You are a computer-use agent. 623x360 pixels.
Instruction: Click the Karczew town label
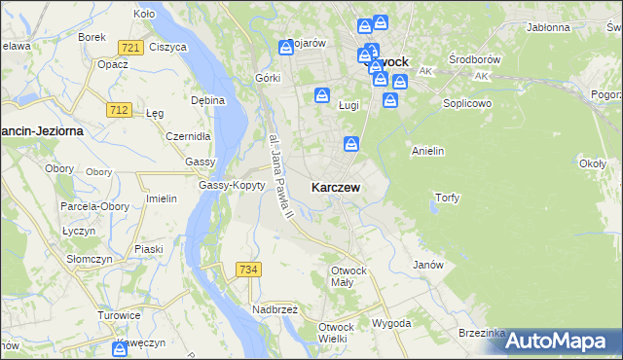click(338, 186)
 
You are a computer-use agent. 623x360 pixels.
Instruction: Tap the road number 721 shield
click(130, 47)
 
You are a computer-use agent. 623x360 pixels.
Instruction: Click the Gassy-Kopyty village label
click(232, 185)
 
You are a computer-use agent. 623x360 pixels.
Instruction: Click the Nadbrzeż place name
click(275, 308)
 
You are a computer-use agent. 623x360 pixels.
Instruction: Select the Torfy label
click(447, 198)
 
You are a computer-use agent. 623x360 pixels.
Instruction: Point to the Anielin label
click(428, 151)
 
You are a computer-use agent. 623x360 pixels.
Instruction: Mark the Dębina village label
click(208, 100)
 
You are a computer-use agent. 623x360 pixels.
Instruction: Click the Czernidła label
click(183, 136)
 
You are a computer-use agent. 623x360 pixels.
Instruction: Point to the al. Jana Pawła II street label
click(275, 175)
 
